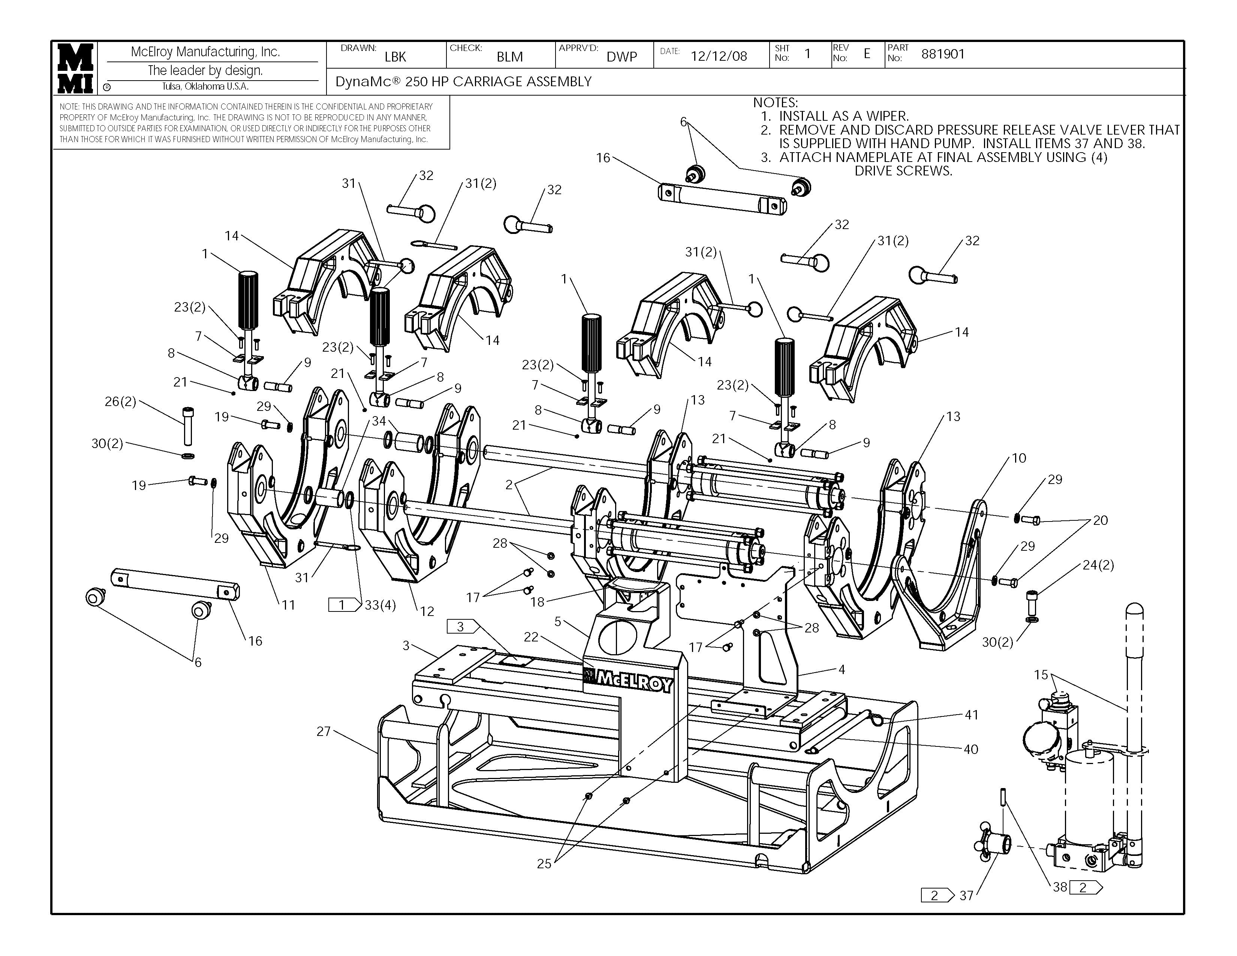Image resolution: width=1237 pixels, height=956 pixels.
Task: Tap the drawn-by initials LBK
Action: pos(395,57)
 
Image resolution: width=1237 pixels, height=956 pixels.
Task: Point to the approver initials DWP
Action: pos(622,57)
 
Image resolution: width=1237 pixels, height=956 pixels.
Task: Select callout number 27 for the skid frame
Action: pos(323,731)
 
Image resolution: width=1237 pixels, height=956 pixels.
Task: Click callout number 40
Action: pos(971,749)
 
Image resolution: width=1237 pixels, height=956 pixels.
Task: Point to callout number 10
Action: pos(1019,458)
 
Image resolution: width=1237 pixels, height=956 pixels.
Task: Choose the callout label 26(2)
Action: pos(121,402)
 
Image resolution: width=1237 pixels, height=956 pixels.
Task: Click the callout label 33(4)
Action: pos(380,605)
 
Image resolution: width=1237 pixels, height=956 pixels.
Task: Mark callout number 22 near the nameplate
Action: pos(531,637)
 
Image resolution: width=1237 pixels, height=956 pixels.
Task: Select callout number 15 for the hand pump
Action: pos(1041,674)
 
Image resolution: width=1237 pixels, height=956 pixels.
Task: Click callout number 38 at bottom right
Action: pos(1060,887)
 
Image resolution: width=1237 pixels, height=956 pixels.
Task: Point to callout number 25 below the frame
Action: pos(544,864)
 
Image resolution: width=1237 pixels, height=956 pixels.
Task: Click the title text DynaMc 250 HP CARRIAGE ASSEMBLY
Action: pos(463,82)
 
